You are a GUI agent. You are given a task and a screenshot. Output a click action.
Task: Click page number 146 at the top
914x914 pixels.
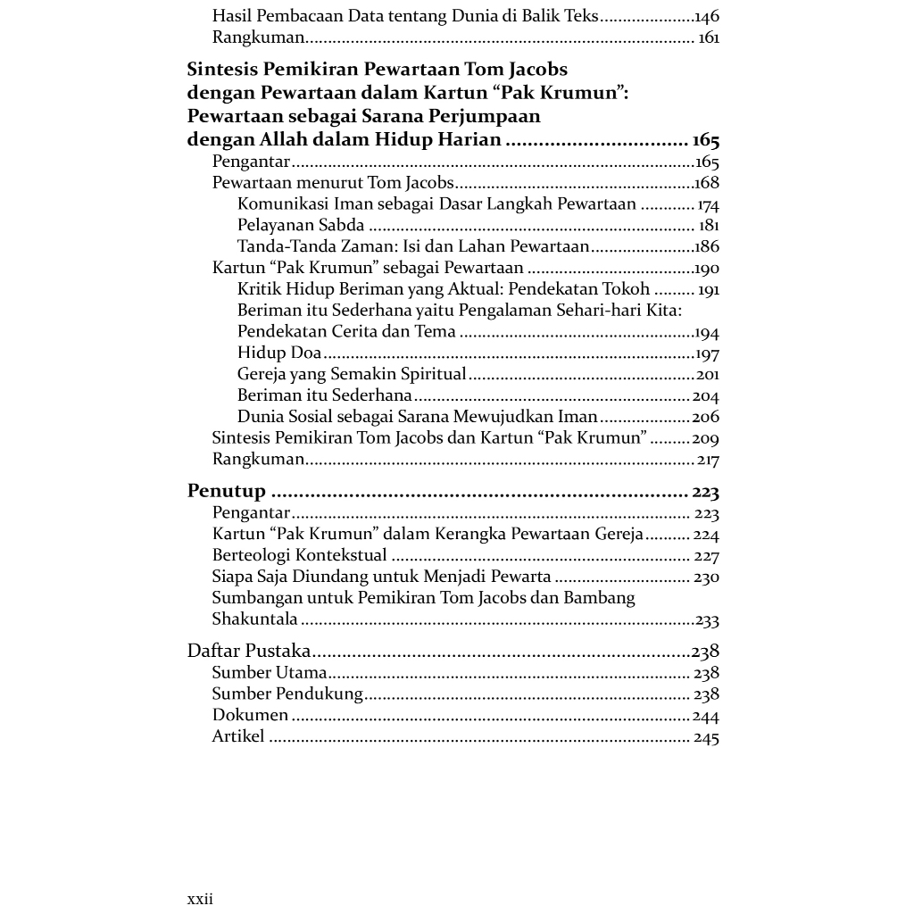tap(706, 16)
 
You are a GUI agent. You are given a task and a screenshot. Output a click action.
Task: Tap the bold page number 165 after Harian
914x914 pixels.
tap(705, 140)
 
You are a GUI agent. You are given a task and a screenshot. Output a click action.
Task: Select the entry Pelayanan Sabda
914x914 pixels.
tap(301, 225)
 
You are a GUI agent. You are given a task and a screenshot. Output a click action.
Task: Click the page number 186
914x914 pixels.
tap(707, 246)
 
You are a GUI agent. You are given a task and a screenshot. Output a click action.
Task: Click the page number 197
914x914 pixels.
tap(708, 353)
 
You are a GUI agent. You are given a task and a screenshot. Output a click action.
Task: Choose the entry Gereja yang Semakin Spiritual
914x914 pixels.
tap(352, 374)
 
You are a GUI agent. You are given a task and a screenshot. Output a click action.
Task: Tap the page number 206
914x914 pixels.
tap(705, 417)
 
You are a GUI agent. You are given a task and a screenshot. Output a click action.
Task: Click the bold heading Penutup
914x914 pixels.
tap(227, 491)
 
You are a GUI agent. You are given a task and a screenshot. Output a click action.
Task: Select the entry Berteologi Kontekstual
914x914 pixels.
tap(299, 555)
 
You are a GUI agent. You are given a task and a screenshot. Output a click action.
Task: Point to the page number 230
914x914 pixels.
tap(706, 577)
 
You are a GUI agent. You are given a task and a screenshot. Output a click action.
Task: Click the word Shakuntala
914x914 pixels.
tap(254, 619)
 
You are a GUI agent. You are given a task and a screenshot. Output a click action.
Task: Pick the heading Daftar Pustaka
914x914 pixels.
tap(249, 651)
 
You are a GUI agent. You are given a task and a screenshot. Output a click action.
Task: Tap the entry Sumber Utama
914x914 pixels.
tap(270, 673)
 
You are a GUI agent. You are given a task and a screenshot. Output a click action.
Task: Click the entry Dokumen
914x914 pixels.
tap(250, 715)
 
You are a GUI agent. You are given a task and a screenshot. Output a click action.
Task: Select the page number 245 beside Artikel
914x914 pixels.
tap(706, 737)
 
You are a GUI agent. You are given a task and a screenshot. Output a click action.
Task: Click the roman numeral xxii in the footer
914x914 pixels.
tap(200, 899)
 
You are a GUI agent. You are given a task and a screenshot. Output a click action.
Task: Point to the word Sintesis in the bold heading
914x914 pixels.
tap(222, 70)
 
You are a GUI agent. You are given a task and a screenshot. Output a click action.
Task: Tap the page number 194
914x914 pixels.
tap(707, 332)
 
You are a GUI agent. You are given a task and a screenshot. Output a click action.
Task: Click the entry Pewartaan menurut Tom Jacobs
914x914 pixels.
tap(333, 183)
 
